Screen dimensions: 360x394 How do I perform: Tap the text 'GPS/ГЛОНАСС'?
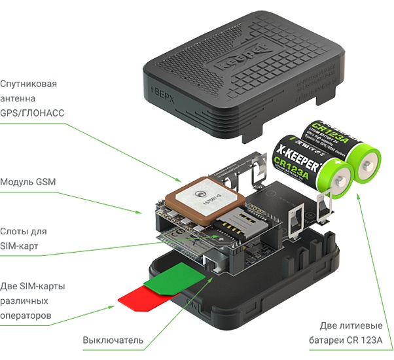(x=33, y=113)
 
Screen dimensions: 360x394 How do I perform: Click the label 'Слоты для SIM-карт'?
(x=24, y=239)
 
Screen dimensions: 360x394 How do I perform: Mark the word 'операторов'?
(x=26, y=315)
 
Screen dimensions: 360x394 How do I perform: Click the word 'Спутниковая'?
(x=29, y=84)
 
